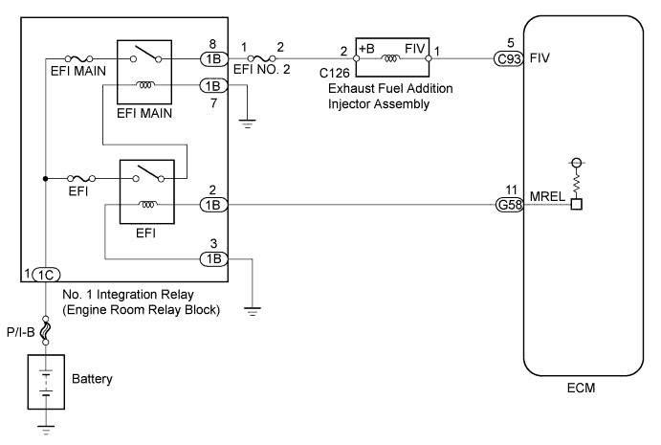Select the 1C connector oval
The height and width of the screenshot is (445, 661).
pos(46,274)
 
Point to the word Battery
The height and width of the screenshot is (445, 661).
pos(92,379)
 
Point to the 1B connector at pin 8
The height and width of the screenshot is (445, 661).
pos(212,56)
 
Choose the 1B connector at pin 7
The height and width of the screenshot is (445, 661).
pos(212,85)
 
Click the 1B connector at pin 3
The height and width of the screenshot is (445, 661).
pos(212,258)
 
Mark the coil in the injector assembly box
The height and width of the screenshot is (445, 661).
pos(391,57)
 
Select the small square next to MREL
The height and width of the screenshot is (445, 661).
pos(577,204)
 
